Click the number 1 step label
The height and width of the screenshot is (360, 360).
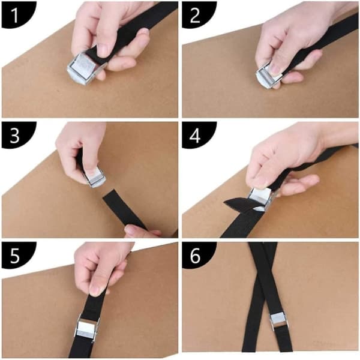(x=14, y=16)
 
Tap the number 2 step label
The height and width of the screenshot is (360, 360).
(x=195, y=16)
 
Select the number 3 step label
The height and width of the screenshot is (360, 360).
(x=14, y=136)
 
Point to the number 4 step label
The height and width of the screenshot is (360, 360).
(x=195, y=136)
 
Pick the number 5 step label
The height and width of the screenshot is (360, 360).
(x=14, y=256)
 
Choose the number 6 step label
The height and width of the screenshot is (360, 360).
(x=196, y=256)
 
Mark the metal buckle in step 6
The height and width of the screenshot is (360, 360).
(x=278, y=322)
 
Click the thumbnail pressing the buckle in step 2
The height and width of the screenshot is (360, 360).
(x=275, y=68)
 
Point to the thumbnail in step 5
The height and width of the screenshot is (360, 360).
(x=97, y=290)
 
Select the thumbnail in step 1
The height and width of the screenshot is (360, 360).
(x=104, y=50)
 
